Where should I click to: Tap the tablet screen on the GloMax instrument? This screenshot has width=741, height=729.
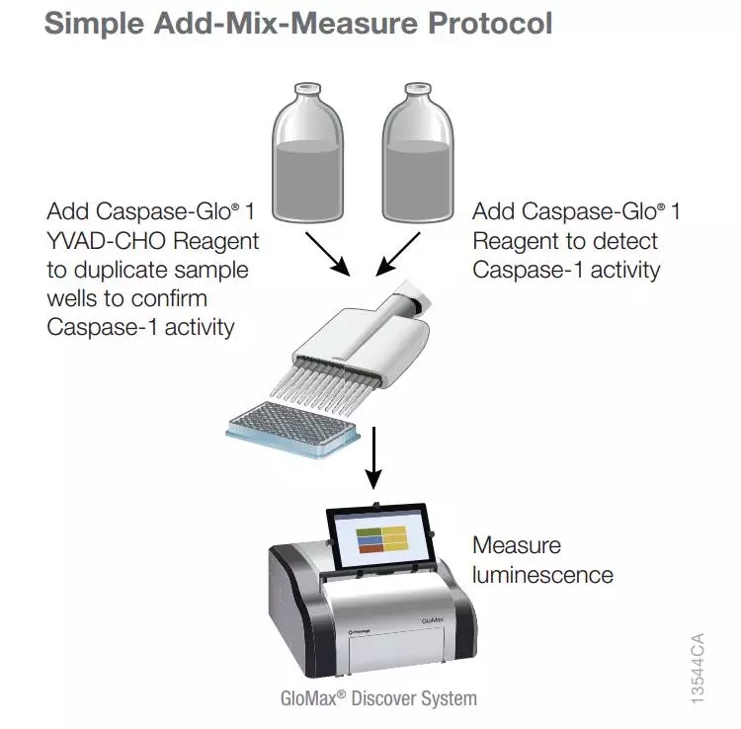pyautogui.click(x=379, y=537)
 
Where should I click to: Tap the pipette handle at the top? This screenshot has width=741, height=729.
pyautogui.click(x=415, y=295)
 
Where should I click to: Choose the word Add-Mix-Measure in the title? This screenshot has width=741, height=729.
pyautogui.click(x=287, y=23)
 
